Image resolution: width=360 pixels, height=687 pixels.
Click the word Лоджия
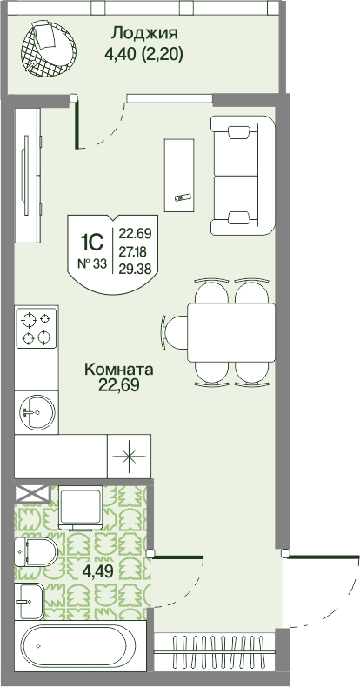145,33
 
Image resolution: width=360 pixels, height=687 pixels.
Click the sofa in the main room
243,176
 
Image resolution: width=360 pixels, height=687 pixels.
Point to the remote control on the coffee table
183,197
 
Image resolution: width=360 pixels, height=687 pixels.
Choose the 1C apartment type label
92,241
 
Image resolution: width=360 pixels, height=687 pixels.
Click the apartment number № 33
91,263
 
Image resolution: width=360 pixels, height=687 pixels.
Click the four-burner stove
36,328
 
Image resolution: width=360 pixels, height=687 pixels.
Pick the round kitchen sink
37,413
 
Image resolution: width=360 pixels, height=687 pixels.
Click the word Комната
118,370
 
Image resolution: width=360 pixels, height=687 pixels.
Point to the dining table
231,332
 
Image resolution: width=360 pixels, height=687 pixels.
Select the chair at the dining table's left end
174,332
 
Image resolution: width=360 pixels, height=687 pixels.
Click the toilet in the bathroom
36,551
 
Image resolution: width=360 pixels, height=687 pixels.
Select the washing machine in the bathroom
81,508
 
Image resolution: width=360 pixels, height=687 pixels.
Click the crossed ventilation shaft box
33,493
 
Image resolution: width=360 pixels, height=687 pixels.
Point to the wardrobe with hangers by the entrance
215,651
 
